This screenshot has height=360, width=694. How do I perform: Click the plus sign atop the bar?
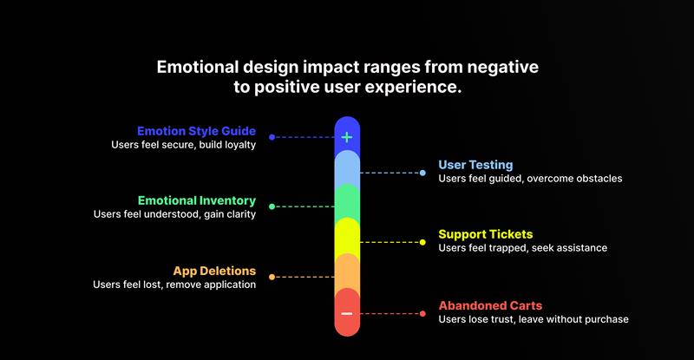pyautogui.click(x=347, y=137)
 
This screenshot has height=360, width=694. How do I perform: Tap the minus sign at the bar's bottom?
pyautogui.click(x=347, y=313)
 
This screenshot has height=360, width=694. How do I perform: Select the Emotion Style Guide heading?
pyautogui.click(x=196, y=131)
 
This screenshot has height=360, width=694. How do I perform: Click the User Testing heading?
pyautogui.click(x=475, y=165)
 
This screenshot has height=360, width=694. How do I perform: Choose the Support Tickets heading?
pyautogui.click(x=486, y=234)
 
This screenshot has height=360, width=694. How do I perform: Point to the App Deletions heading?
pyautogui.click(x=214, y=270)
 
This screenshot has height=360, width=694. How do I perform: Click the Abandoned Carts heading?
pyautogui.click(x=490, y=305)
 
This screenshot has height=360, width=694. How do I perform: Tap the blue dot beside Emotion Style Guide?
pyautogui.click(x=272, y=137)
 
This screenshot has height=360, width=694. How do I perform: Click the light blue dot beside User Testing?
pyautogui.click(x=422, y=173)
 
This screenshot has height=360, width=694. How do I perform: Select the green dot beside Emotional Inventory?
pyautogui.click(x=272, y=206)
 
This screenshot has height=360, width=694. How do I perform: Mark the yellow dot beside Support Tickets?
pyautogui.click(x=422, y=242)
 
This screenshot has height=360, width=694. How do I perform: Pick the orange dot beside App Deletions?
pyautogui.click(x=272, y=277)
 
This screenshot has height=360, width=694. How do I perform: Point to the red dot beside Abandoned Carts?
pyautogui.click(x=422, y=312)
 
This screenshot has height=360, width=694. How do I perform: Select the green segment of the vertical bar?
pyautogui.click(x=347, y=201)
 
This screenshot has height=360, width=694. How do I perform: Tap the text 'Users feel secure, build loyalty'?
pyautogui.click(x=183, y=145)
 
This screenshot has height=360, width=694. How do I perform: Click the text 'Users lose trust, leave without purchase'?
pyautogui.click(x=534, y=319)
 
